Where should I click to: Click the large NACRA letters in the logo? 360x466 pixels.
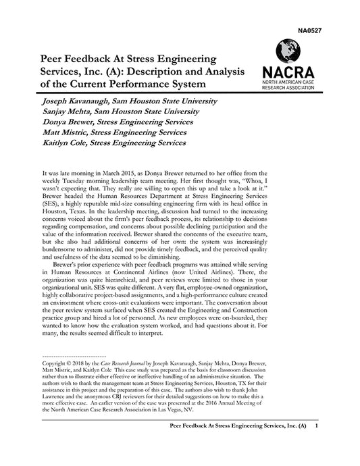pyautogui.click(x=287, y=71)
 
